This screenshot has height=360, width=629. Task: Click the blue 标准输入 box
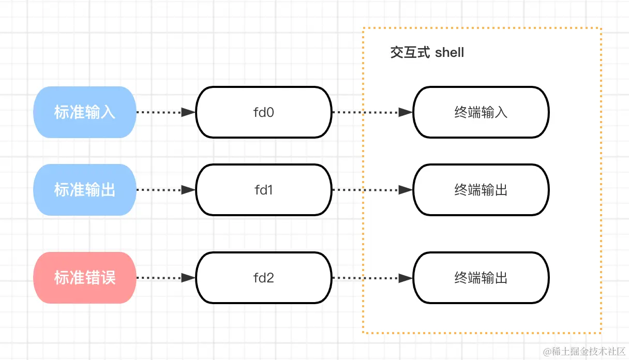84,112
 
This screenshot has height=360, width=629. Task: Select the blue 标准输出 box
84,190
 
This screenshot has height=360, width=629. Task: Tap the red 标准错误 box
84,278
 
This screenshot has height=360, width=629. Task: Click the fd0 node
263,112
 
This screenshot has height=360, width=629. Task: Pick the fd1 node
263,190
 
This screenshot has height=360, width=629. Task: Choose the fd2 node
263,278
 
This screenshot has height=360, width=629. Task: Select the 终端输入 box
481,112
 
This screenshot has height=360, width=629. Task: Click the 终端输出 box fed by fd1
481,190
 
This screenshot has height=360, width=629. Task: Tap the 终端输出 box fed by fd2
481,278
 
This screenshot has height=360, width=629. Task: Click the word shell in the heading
450,52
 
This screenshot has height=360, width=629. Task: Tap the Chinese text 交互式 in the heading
410,52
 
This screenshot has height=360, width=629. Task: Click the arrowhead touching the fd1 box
189,190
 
